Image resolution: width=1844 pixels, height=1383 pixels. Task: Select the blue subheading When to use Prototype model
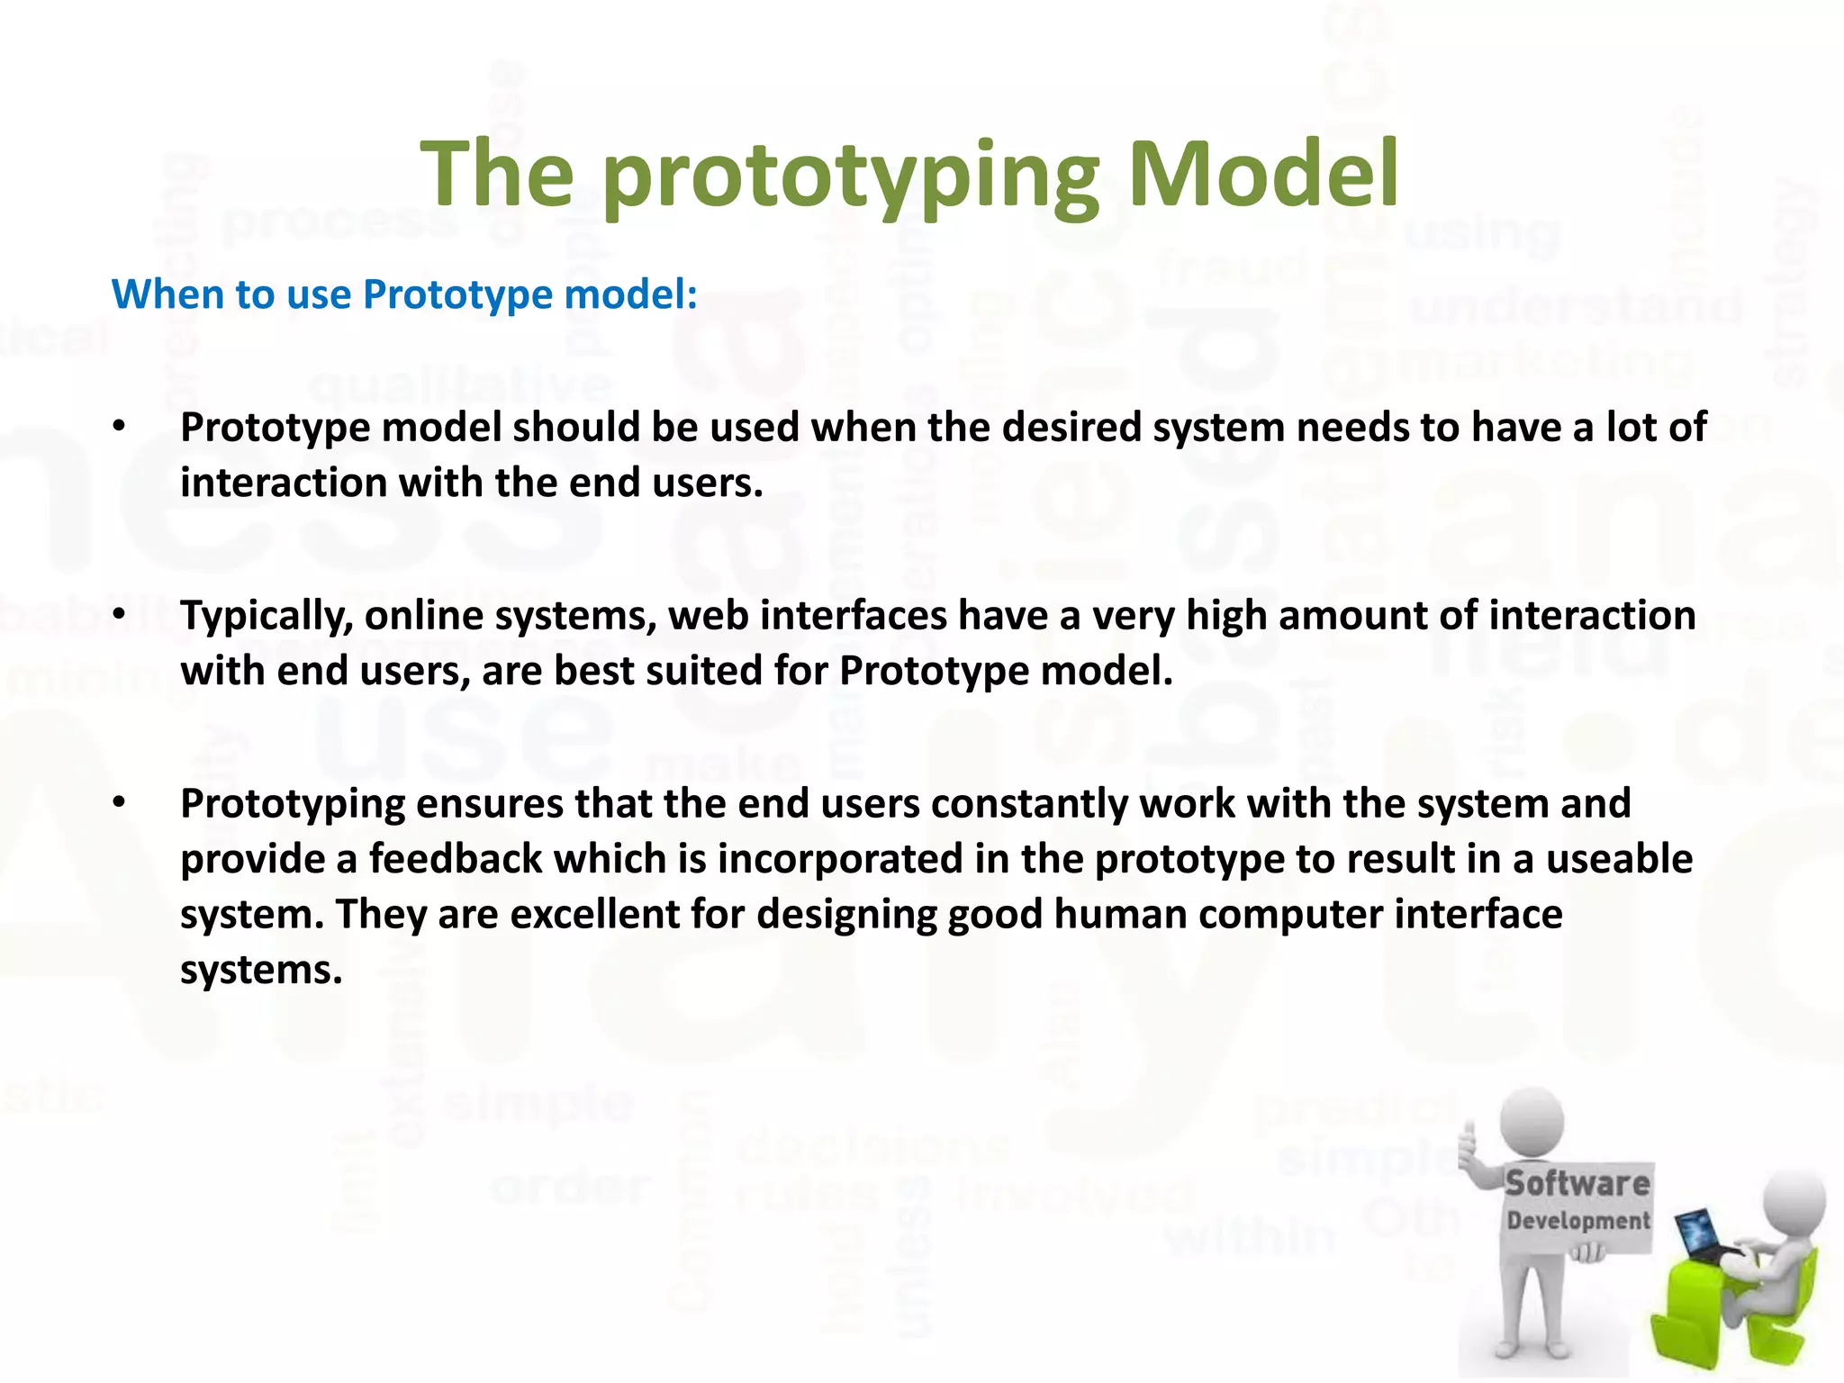pyautogui.click(x=404, y=294)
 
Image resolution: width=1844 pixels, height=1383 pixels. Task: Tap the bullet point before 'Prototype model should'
pyautogui.click(x=119, y=427)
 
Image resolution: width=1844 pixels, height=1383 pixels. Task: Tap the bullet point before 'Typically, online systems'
pyautogui.click(x=119, y=615)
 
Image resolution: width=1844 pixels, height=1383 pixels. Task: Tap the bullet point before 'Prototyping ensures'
pyautogui.click(x=119, y=803)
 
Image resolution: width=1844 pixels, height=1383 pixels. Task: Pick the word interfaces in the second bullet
pyautogui.click(x=853, y=617)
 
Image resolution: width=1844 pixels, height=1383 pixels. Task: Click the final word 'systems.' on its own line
pyautogui.click(x=261, y=971)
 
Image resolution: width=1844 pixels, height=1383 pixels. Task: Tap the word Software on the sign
pyautogui.click(x=1577, y=1182)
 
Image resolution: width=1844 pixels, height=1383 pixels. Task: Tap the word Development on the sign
pyautogui.click(x=1577, y=1221)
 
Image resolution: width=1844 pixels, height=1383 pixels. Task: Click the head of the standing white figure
pyautogui.click(x=1532, y=1122)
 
